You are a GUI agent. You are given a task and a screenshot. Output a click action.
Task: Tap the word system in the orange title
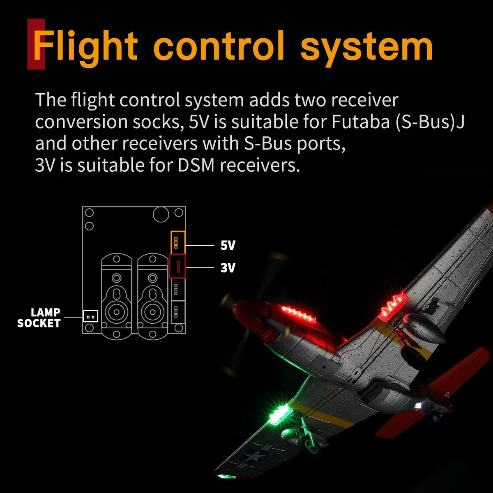(x=366, y=48)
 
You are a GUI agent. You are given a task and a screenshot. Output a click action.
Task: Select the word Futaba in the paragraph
(x=360, y=122)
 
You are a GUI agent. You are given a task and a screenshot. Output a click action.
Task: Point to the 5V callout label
(x=228, y=245)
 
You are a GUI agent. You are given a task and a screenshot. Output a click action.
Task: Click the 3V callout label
(x=228, y=268)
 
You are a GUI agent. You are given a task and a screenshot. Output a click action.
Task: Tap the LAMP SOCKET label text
(x=39, y=318)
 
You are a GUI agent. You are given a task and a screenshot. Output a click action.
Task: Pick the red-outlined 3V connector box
(x=177, y=266)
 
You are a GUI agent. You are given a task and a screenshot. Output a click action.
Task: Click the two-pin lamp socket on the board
(x=90, y=316)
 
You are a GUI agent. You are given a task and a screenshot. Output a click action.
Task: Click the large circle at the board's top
(x=161, y=214)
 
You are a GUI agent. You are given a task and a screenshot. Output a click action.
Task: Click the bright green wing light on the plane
(x=278, y=414)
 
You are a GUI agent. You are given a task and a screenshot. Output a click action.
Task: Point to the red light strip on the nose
(x=299, y=314)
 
